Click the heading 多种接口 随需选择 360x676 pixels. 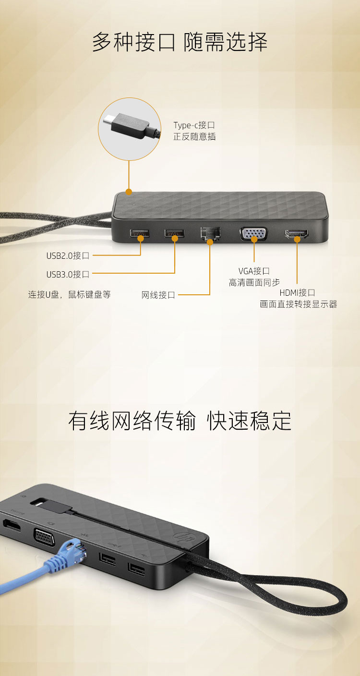click(180, 42)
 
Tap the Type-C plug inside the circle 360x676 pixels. click(131, 126)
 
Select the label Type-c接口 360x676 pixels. click(194, 125)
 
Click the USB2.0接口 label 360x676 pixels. click(68, 255)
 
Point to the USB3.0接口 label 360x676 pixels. click(68, 274)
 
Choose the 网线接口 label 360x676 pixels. click(158, 295)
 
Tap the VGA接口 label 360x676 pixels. click(254, 271)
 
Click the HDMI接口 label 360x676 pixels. click(297, 292)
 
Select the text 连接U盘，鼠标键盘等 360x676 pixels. click(70, 294)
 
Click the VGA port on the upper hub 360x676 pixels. click(253, 234)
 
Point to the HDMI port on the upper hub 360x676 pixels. click(297, 234)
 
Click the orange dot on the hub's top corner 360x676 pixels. click(129, 192)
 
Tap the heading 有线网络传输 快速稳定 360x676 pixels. click(180, 421)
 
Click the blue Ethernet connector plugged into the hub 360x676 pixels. click(70, 553)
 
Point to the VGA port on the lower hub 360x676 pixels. click(44, 537)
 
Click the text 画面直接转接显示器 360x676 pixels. click(299, 304)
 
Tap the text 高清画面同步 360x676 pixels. click(254, 282)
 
